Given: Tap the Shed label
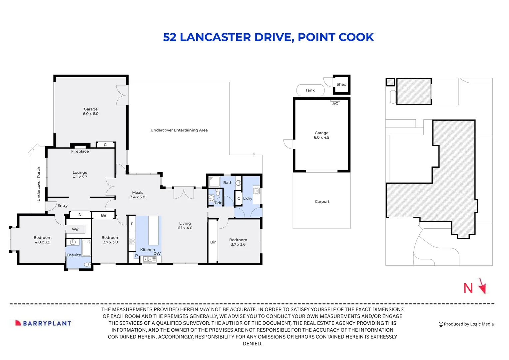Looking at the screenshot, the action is point(341,84).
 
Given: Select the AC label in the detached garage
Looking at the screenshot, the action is point(335,104).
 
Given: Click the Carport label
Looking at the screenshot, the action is point(322,201).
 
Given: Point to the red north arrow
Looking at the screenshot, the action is point(483,286).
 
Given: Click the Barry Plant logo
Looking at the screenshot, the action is point(43,323).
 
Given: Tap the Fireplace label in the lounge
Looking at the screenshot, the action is point(80,151).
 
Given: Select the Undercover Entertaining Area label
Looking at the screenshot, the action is point(179,130).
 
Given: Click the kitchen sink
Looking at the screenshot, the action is point(150,259).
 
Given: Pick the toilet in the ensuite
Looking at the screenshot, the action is point(87,264).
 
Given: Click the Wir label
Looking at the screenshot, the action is point(75,229).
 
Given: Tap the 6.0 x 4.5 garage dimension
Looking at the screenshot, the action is point(321,137).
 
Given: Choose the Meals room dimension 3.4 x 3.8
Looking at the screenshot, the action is point(138,197).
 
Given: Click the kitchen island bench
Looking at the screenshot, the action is point(153,230).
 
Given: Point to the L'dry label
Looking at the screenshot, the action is point(248,198).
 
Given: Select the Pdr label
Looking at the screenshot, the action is point(218,203).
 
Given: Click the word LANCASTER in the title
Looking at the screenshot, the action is point(215,37).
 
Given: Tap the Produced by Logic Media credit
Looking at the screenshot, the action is point(466,324).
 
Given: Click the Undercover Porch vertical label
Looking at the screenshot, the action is point(38,184).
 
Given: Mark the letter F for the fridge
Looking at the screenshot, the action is point(132,224).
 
